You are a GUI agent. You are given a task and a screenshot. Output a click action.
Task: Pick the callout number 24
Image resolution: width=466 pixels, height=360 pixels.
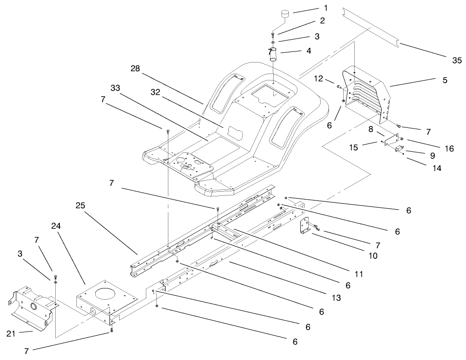[56, 226]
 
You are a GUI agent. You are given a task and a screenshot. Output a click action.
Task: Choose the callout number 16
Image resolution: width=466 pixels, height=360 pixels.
[449, 148]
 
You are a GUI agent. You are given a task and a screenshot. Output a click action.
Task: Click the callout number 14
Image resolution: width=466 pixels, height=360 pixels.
[437, 168]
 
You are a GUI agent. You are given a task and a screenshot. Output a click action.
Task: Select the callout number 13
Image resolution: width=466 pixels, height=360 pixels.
[336, 298]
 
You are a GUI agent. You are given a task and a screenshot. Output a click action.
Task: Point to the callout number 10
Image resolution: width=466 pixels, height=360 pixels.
[373, 256]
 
